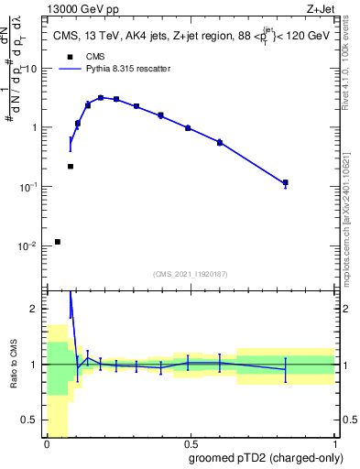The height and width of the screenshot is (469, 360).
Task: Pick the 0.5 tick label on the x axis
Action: pyautogui.click(x=190, y=443)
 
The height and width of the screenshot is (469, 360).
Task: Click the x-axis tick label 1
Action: pyautogui.click(x=333, y=443)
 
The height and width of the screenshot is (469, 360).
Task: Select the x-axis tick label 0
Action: pyautogui.click(x=46, y=443)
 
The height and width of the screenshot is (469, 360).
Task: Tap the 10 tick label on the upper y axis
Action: pyautogui.click(x=33, y=69)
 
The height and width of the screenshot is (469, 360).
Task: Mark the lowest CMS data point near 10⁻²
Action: pyautogui.click(x=58, y=242)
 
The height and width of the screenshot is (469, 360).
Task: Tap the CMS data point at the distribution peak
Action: pyautogui.click(x=101, y=97)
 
